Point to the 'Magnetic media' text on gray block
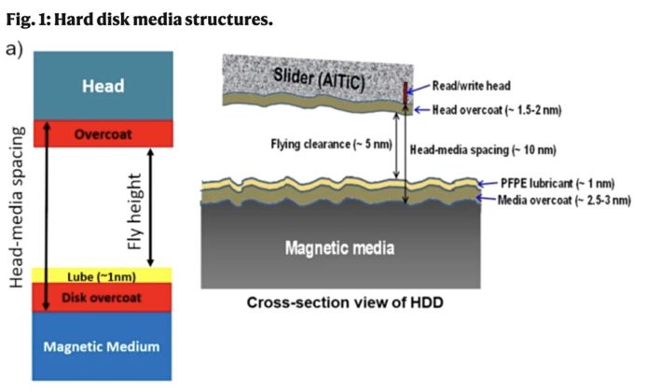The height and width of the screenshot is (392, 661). click(341, 247)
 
